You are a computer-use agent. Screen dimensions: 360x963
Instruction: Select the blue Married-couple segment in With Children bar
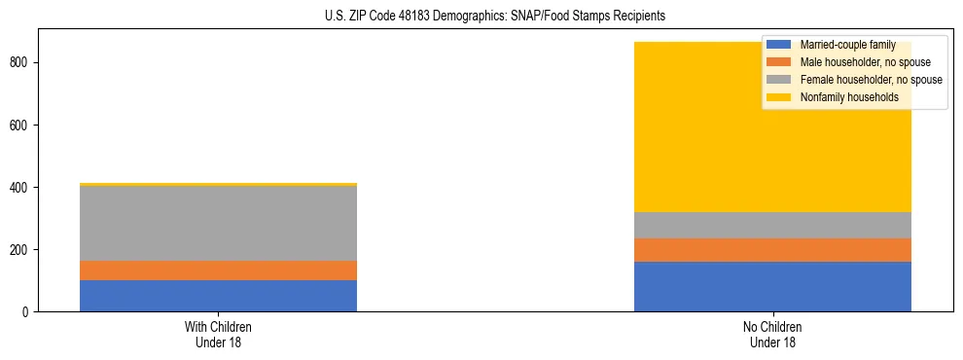click(218, 296)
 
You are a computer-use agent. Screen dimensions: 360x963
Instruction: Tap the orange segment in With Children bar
click(218, 270)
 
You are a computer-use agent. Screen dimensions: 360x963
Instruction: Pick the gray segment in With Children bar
click(218, 223)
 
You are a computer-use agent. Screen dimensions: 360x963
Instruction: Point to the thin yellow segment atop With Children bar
click(218, 184)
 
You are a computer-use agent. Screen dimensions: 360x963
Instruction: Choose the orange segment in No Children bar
click(772, 250)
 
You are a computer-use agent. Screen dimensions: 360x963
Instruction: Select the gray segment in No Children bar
click(772, 225)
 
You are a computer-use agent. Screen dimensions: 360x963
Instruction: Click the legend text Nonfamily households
click(842, 97)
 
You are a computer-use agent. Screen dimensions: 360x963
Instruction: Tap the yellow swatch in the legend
click(779, 97)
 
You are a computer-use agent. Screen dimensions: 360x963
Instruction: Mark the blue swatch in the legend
click(779, 45)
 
